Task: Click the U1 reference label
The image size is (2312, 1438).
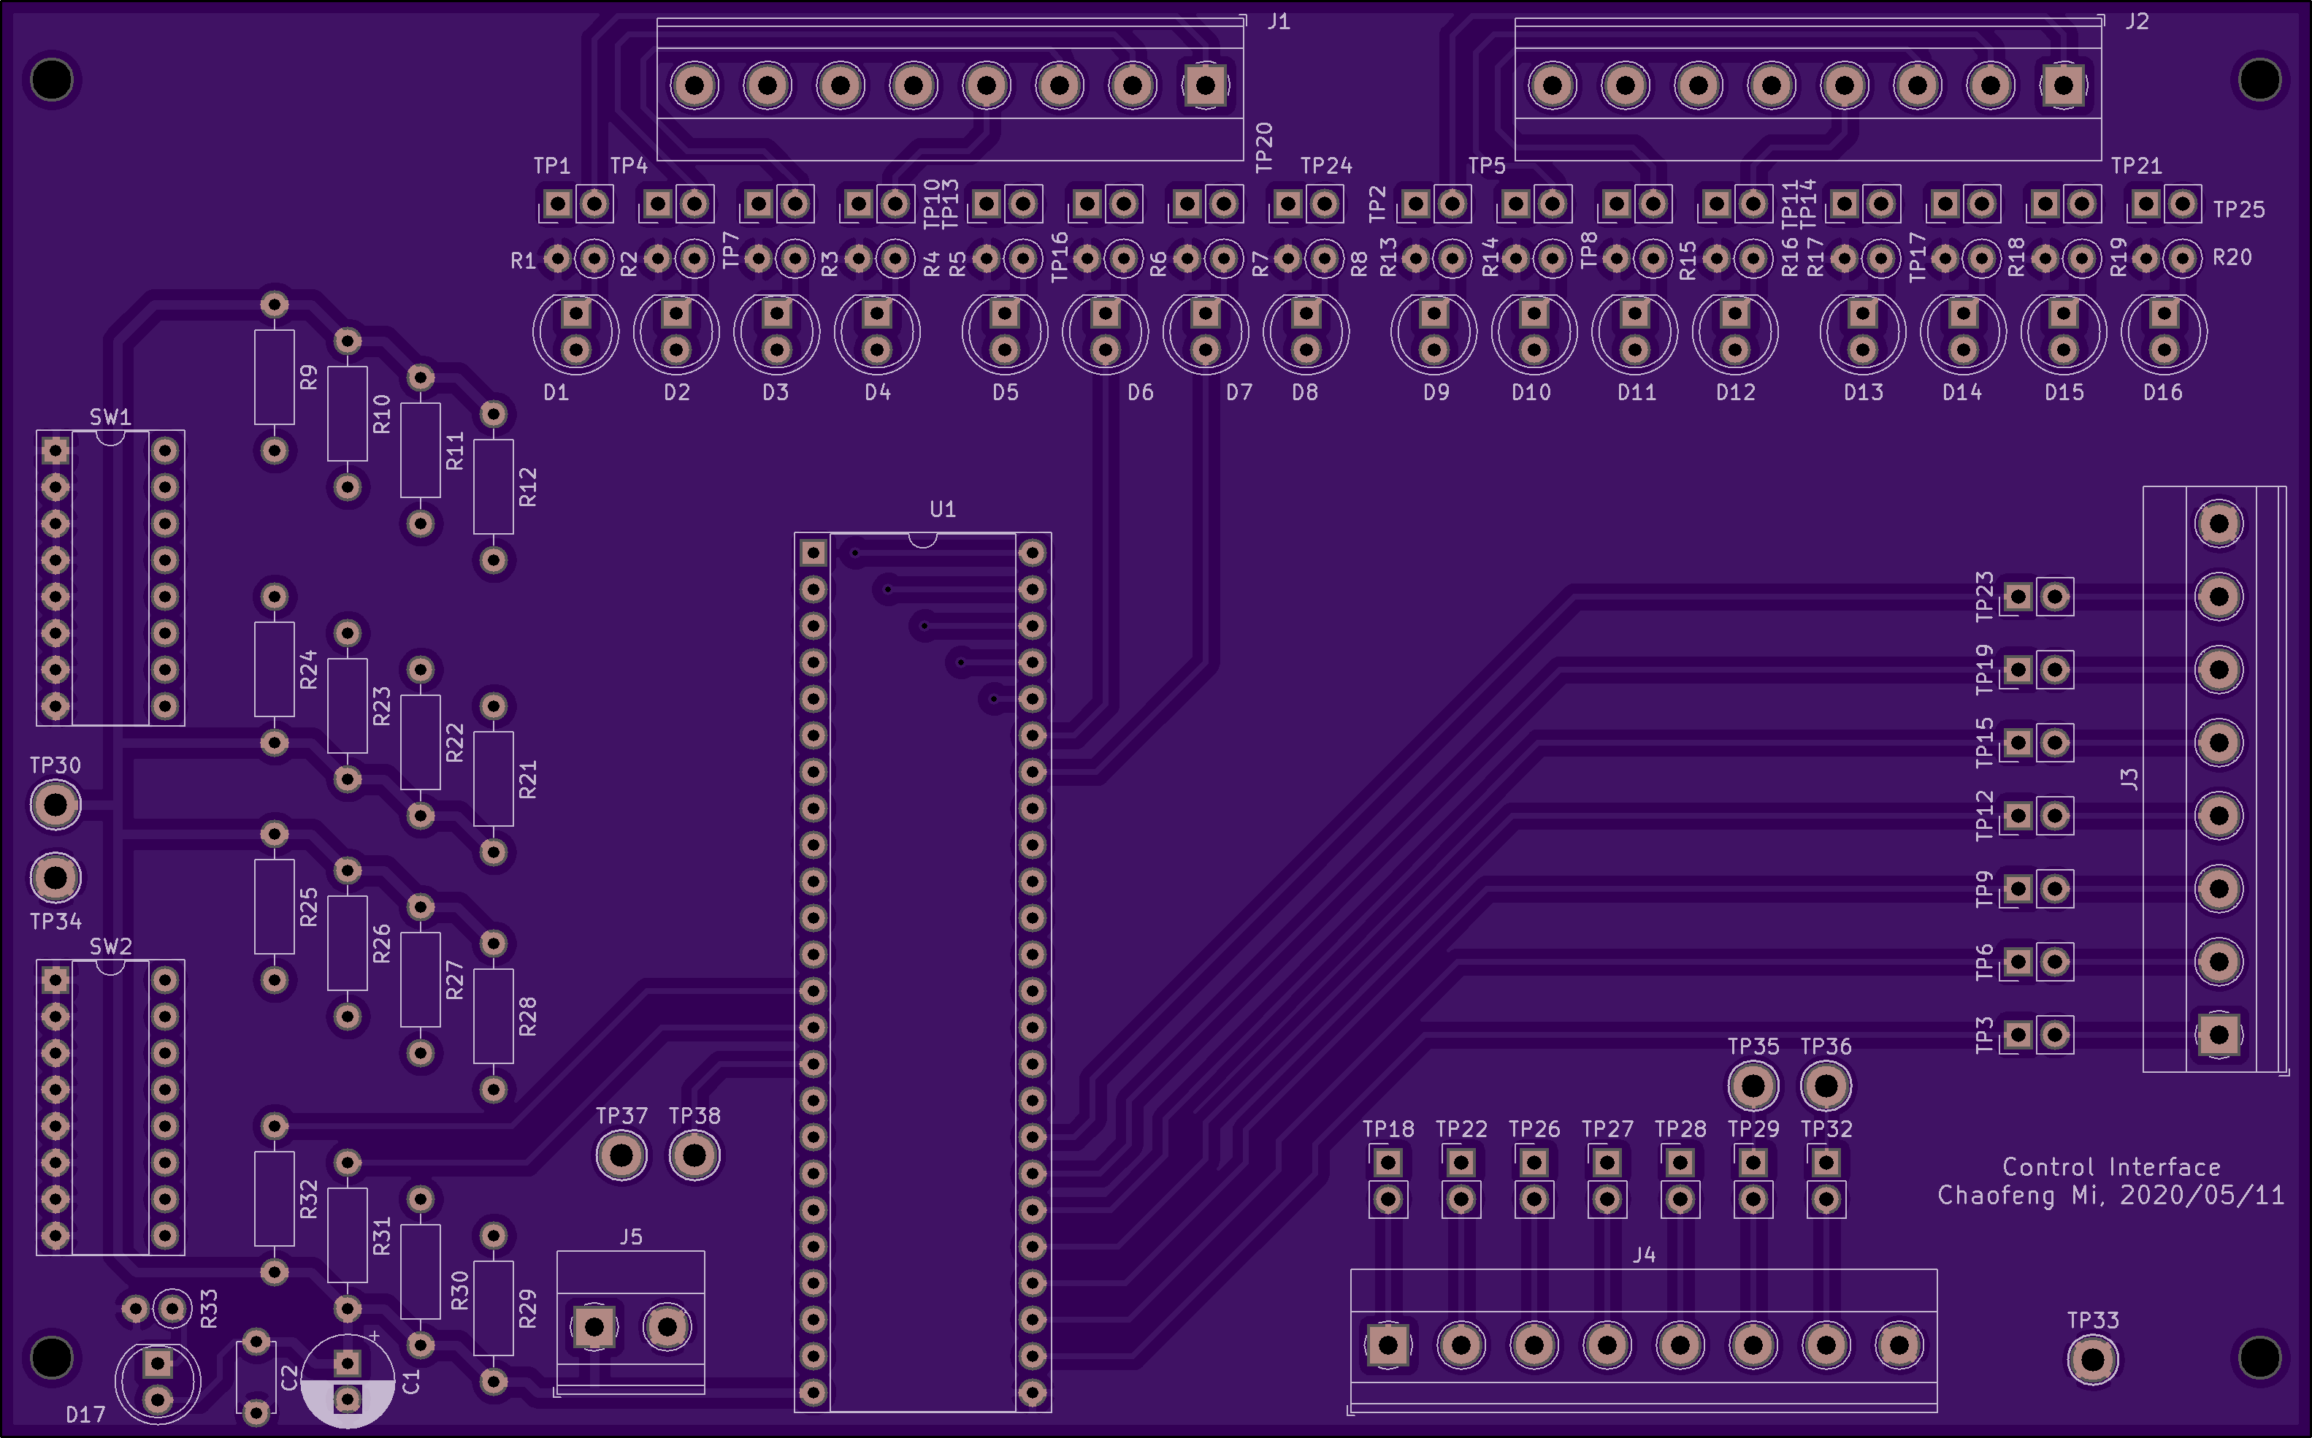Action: point(943,509)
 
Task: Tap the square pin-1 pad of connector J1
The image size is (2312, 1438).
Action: point(1205,85)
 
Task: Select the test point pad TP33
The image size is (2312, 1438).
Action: point(2092,1360)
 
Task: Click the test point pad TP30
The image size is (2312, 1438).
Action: point(55,805)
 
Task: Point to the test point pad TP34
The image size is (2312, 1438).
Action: point(55,878)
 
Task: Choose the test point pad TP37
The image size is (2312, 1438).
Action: point(621,1155)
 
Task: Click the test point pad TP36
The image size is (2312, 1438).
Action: point(1825,1085)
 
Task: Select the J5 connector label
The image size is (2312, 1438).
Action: point(630,1236)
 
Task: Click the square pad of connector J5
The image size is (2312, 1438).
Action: point(594,1327)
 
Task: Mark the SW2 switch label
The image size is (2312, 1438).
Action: point(110,946)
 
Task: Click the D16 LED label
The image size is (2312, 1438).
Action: point(2163,392)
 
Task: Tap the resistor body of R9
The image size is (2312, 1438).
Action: point(274,378)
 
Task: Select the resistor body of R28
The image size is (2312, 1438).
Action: point(494,1016)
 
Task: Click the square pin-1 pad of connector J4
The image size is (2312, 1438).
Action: point(1387,1345)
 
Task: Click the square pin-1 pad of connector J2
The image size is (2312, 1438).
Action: point(2063,85)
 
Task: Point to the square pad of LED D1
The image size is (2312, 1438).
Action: point(576,312)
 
